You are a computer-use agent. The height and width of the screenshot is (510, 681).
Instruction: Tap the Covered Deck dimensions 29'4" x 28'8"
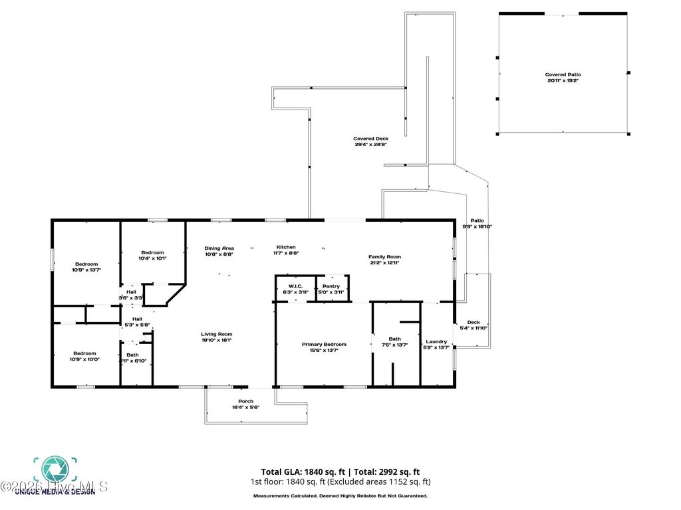tap(370, 144)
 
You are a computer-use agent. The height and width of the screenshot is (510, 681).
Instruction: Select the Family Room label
tap(385, 256)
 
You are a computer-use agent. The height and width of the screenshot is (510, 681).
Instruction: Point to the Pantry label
tap(331, 286)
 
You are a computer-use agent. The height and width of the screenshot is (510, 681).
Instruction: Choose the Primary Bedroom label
tap(324, 344)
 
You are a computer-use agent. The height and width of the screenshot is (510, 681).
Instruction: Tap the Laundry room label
tap(436, 341)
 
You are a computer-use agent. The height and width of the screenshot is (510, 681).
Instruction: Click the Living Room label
tap(216, 334)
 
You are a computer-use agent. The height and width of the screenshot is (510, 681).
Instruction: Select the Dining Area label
tap(219, 247)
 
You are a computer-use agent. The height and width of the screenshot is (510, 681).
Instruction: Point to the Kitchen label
tap(286, 247)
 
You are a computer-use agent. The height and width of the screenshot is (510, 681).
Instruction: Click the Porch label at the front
tap(245, 401)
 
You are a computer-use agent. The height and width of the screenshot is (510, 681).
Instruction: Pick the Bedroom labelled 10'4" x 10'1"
tap(152, 252)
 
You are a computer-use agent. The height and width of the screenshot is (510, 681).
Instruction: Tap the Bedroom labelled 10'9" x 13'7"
tap(86, 264)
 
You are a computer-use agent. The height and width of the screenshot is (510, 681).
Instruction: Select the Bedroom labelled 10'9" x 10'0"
tap(85, 353)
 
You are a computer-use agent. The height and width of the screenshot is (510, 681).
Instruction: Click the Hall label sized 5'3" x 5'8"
tap(137, 319)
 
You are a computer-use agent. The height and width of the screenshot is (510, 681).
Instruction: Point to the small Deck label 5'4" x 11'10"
tap(473, 322)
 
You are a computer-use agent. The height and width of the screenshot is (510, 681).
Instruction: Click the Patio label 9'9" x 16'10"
tap(477, 220)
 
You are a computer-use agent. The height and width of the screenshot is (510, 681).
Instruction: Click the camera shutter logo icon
tap(55, 469)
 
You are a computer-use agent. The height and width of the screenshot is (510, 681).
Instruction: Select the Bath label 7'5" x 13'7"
tap(395, 339)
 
